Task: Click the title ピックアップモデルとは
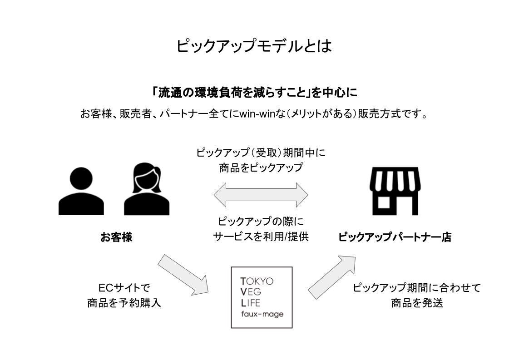254,46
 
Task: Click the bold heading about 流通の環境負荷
255,93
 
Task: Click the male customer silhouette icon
81,191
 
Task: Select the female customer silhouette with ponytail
146,190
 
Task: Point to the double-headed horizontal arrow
261,195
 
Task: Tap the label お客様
116,237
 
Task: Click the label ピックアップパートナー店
395,237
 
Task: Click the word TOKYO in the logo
257,281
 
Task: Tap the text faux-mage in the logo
262,314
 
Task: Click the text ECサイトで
124,288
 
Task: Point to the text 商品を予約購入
124,303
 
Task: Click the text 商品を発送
416,303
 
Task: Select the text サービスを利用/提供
261,237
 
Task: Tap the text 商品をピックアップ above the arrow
261,168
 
